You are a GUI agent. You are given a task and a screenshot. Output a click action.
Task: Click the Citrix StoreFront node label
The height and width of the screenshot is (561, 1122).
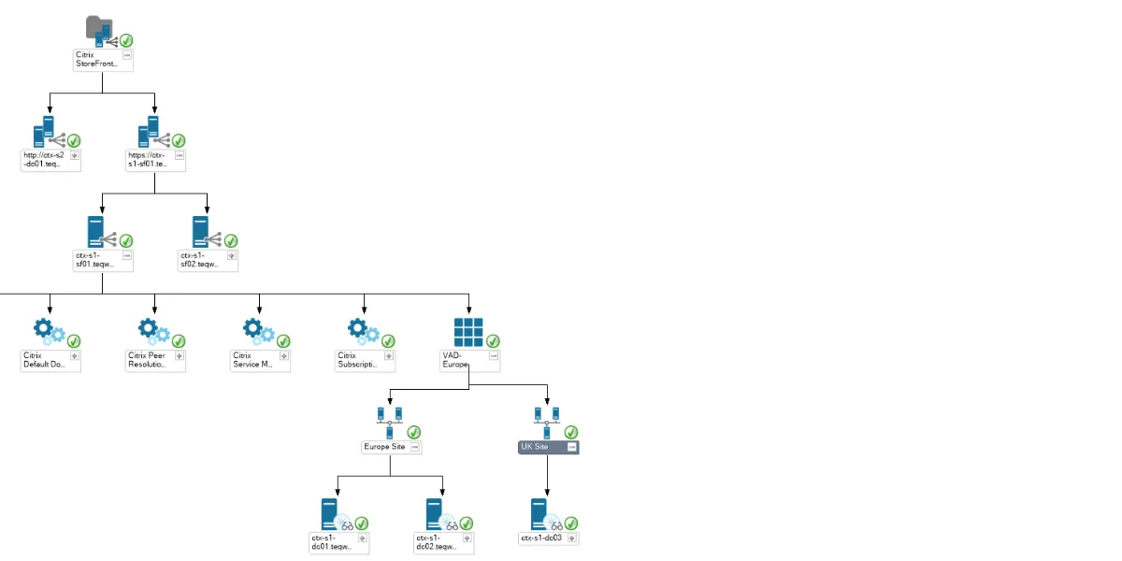click(x=97, y=60)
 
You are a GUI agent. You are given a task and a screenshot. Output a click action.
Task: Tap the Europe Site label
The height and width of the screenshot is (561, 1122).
click(x=385, y=447)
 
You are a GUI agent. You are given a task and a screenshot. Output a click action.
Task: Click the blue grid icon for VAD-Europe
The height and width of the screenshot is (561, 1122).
click(x=467, y=332)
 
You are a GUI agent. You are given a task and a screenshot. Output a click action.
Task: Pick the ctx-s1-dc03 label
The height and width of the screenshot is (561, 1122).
click(x=542, y=538)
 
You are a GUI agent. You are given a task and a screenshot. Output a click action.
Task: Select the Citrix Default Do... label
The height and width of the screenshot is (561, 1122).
click(x=45, y=360)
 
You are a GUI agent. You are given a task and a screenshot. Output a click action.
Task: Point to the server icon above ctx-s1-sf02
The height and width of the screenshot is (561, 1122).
click(x=200, y=231)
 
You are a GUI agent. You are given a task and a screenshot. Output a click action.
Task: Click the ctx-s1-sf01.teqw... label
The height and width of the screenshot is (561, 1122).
click(x=97, y=259)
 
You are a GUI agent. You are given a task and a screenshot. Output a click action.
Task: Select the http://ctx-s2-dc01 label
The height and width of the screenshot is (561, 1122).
click(x=45, y=160)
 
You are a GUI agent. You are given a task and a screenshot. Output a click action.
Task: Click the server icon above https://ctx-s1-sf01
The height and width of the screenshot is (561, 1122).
click(x=149, y=130)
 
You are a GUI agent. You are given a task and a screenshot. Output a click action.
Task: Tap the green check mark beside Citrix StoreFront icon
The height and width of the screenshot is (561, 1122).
click(x=126, y=40)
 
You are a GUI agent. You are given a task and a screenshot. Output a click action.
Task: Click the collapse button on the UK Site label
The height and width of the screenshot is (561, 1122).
click(x=571, y=448)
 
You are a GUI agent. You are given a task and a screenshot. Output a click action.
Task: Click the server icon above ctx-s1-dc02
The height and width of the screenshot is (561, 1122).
click(x=435, y=513)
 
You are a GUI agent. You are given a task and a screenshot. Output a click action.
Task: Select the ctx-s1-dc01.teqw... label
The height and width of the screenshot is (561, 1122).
click(x=333, y=542)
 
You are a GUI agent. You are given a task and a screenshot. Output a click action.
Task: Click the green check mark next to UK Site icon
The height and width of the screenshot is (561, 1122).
click(x=571, y=431)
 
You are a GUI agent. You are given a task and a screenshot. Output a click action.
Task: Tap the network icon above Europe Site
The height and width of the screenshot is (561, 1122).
click(x=389, y=422)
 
